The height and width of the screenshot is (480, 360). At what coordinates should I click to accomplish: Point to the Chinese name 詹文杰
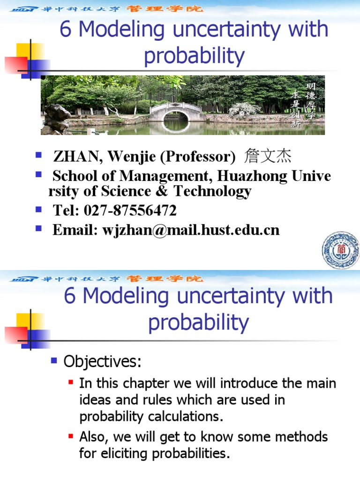265,156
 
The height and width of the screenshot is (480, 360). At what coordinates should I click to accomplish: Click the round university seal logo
340,250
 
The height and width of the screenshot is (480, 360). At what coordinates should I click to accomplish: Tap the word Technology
212,191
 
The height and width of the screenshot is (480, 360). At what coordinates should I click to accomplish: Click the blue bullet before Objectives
54,361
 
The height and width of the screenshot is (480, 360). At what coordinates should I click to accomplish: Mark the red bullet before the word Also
71,437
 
